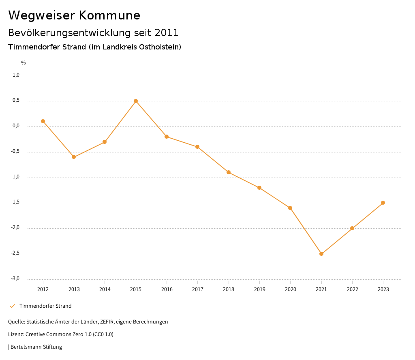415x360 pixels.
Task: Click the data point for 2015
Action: (x=136, y=101)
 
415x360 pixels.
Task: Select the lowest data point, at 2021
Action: (x=321, y=254)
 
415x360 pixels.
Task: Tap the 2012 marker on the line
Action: (x=43, y=121)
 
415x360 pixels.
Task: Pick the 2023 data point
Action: (x=383, y=203)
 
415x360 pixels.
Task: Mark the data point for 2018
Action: (x=229, y=172)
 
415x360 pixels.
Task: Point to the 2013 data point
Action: (x=74, y=157)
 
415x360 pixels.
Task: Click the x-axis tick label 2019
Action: (x=259, y=289)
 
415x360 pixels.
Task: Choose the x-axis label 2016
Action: (x=167, y=289)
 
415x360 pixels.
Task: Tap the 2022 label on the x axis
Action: (x=352, y=289)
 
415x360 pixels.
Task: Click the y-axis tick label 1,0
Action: (x=16, y=75)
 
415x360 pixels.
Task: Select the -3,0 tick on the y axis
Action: (x=15, y=279)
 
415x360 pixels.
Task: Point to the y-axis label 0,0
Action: (x=16, y=126)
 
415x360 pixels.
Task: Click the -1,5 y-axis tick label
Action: (x=15, y=202)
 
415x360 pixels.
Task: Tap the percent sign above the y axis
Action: (x=24, y=63)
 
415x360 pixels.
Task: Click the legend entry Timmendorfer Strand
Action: (x=45, y=306)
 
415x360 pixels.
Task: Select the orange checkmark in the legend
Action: (x=12, y=306)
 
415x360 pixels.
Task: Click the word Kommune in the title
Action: (x=109, y=15)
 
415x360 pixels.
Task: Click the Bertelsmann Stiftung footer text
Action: (x=36, y=347)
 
